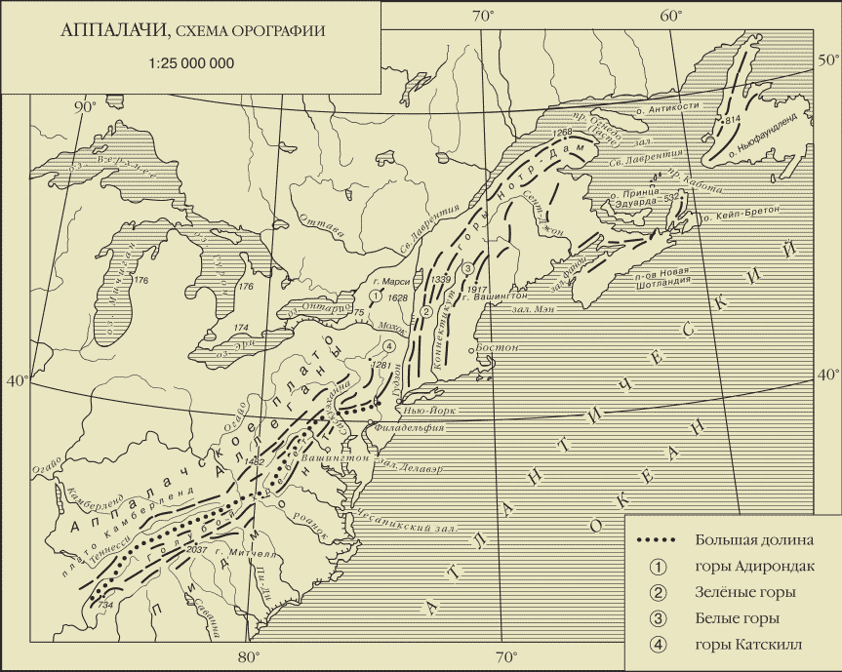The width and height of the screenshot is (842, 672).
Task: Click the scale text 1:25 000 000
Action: pos(191,64)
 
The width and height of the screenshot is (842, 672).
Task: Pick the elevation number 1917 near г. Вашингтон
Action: pos(478,289)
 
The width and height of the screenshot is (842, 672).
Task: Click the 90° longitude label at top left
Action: pos(87,107)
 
